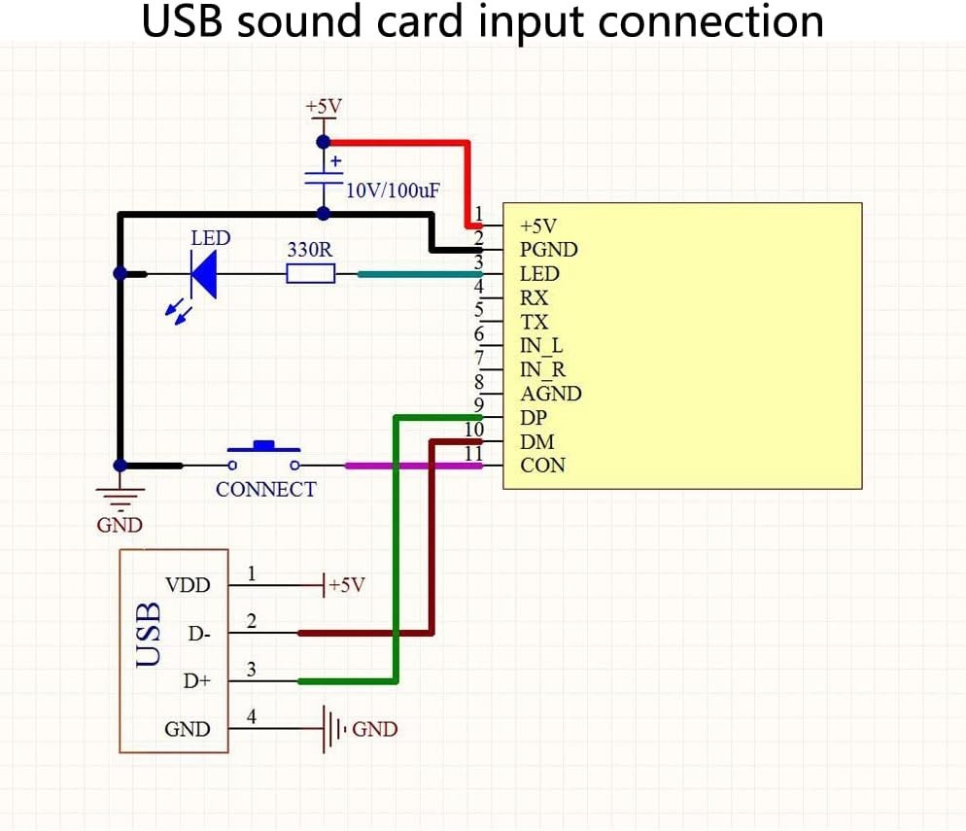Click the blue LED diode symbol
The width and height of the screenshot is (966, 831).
(x=203, y=275)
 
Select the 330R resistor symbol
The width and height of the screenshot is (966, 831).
(x=310, y=275)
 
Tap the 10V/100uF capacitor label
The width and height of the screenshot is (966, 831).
(x=393, y=190)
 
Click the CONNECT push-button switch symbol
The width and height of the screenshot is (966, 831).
(x=264, y=451)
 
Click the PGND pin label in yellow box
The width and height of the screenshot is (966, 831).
(x=549, y=250)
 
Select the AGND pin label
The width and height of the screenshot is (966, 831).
(x=551, y=394)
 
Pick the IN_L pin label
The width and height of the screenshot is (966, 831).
(x=541, y=346)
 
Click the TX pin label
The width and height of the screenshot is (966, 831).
(x=534, y=323)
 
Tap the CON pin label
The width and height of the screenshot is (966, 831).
(x=542, y=466)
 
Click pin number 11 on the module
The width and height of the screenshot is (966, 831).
(x=473, y=454)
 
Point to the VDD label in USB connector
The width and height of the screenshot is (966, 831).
(x=188, y=586)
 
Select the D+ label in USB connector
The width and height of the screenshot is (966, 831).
(x=197, y=681)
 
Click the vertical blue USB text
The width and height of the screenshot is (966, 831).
(x=149, y=635)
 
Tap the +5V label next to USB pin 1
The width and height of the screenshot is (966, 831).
(x=346, y=586)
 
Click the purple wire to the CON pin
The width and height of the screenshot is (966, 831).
(x=413, y=466)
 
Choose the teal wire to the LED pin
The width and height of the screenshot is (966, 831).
(x=418, y=275)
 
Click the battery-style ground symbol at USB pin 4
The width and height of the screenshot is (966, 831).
(x=333, y=729)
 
